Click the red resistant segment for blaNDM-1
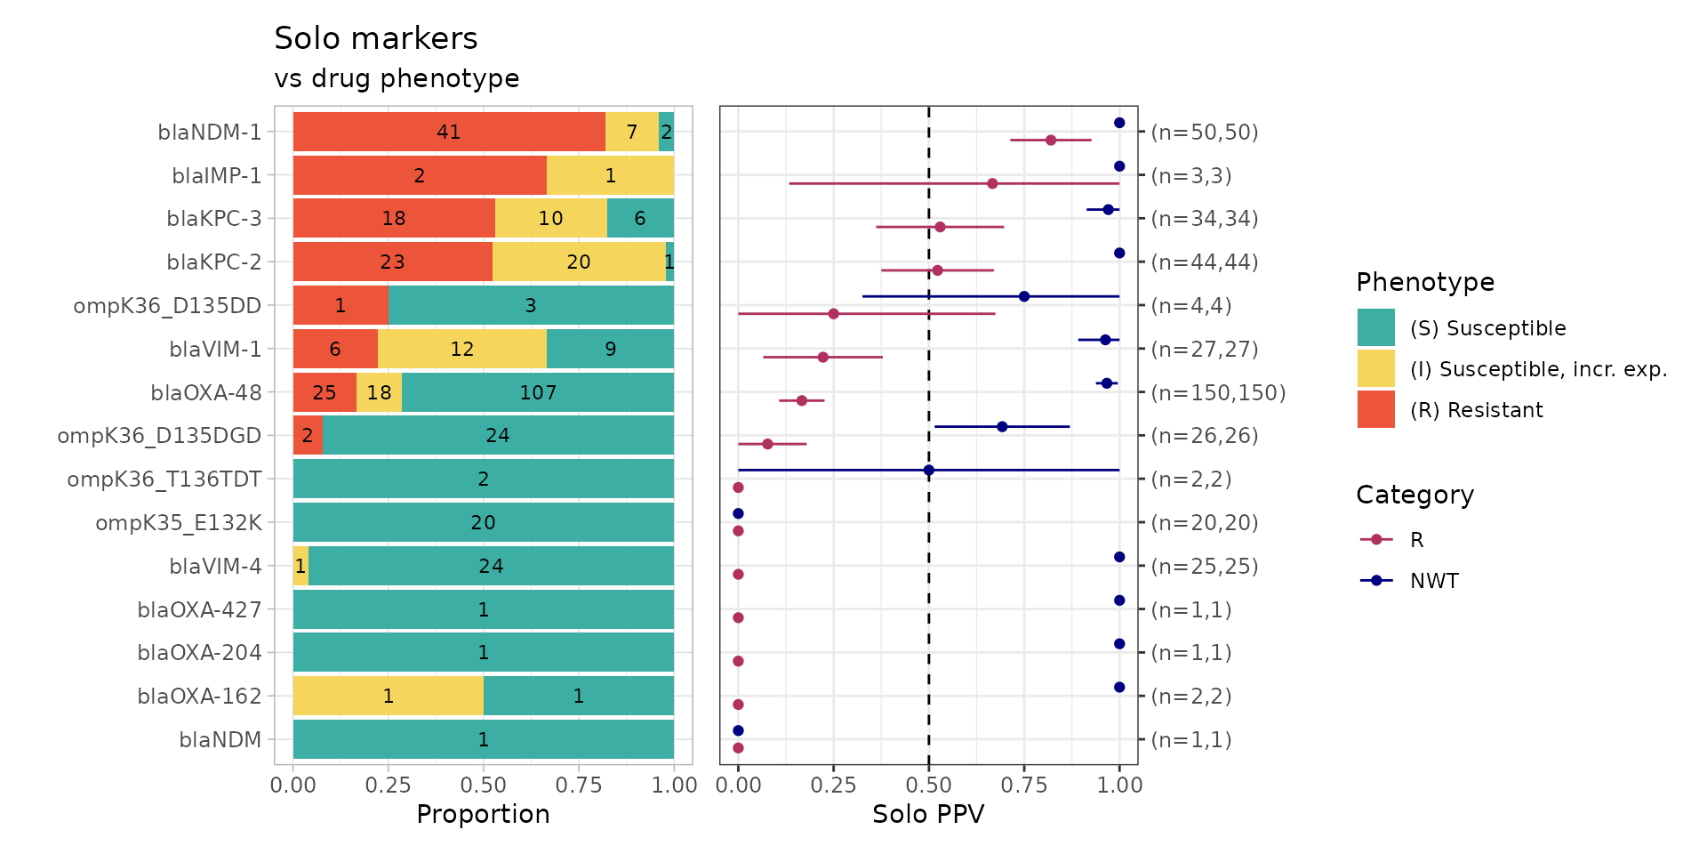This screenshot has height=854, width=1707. (x=449, y=132)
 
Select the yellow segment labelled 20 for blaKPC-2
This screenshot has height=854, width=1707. (x=579, y=262)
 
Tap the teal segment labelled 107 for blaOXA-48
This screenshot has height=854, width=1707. (x=538, y=392)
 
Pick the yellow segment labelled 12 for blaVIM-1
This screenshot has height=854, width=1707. (x=462, y=349)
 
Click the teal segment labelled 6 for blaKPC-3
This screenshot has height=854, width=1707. (x=640, y=219)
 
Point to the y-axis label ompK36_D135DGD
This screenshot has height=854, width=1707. (x=160, y=436)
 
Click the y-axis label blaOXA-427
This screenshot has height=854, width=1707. (x=200, y=610)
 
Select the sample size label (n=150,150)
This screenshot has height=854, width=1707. (x=1218, y=393)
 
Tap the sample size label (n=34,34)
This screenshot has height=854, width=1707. (x=1205, y=219)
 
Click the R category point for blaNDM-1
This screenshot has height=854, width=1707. (x=1051, y=141)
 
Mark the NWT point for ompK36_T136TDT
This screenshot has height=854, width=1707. (x=929, y=470)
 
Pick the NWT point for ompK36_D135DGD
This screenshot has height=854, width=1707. (x=1002, y=427)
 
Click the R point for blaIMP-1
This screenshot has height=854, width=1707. (x=992, y=183)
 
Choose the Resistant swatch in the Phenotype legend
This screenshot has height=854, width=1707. (x=1376, y=410)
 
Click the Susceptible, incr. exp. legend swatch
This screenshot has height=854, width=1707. (x=1376, y=369)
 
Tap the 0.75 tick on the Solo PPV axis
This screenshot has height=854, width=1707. (x=1024, y=785)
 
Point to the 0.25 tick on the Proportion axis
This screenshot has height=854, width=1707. (x=389, y=785)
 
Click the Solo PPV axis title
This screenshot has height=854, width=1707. (x=928, y=815)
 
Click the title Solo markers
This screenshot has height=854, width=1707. (x=376, y=39)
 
